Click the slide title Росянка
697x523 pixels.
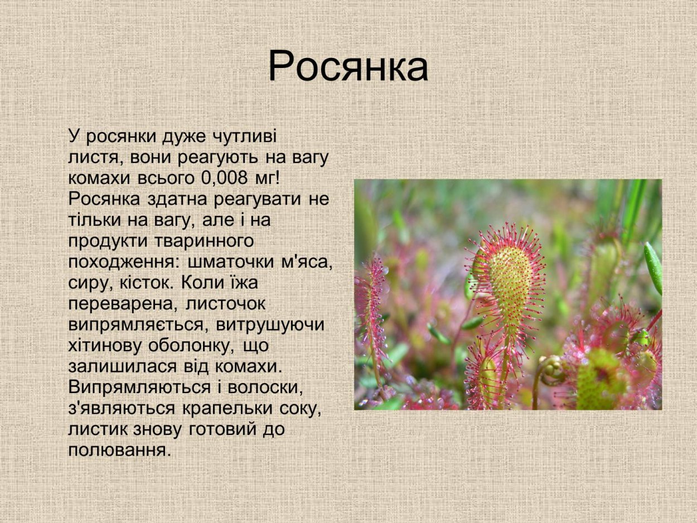coord(348,67)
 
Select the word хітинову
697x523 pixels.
coord(105,346)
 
